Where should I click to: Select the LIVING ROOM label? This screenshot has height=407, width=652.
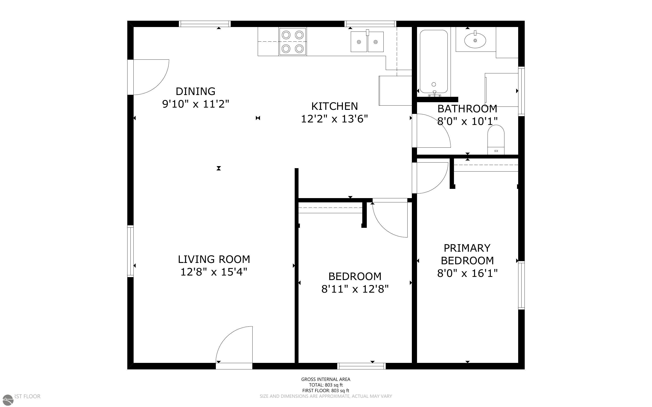(x=214, y=260)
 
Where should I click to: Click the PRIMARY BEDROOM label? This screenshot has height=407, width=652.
(x=467, y=254)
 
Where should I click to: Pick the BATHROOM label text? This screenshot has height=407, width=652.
(x=467, y=109)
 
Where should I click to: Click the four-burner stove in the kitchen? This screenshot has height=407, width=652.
(x=293, y=42)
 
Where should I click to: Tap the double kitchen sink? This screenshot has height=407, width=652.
(x=367, y=42)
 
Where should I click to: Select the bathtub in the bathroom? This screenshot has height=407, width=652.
(x=434, y=62)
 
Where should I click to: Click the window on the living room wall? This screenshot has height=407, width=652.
(x=130, y=251)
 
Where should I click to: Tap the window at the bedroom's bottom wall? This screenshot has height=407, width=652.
(x=361, y=366)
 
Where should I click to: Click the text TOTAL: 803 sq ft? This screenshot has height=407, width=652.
(x=326, y=385)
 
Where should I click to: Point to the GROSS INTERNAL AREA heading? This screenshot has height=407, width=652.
(x=326, y=379)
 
